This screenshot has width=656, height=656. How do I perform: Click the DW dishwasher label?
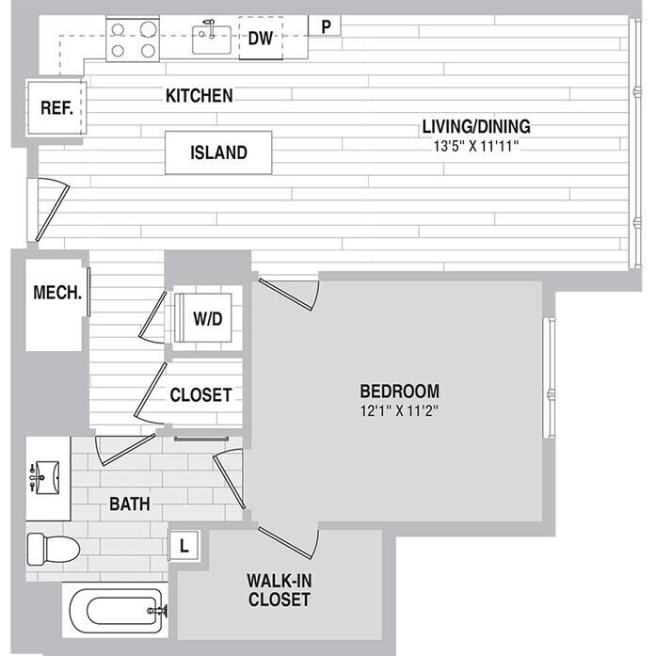261,39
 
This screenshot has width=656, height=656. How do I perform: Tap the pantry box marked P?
326,26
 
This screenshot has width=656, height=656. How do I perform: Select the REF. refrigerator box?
56,107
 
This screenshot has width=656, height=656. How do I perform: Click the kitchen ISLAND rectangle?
218,152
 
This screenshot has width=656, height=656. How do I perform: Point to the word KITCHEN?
199,96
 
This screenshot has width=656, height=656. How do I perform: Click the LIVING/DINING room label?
476,126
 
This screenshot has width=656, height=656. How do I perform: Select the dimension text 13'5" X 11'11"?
476,146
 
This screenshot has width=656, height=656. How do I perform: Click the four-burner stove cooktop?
131,40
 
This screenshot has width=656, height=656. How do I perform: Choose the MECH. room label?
57,292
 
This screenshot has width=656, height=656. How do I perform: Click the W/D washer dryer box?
207,319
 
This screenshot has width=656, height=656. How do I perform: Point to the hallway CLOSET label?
200,395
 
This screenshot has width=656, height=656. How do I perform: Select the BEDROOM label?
400,391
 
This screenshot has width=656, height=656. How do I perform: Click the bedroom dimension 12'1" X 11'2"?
400,409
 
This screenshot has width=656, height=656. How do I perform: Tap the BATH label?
130,504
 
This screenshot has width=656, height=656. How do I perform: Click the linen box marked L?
184,545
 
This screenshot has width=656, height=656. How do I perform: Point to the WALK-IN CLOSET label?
279,588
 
